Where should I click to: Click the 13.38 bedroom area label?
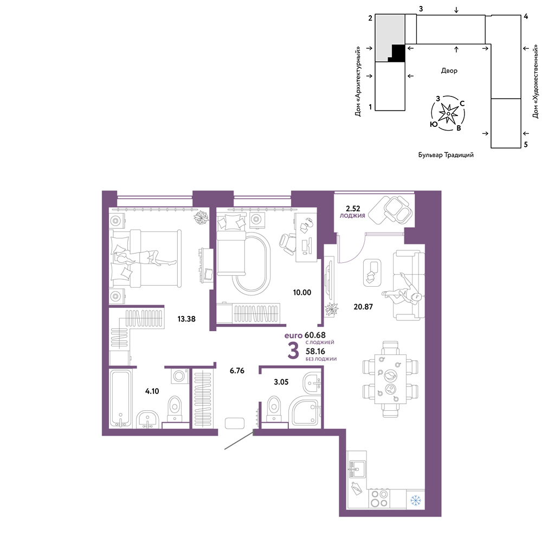click(x=186, y=319)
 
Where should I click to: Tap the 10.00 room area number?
click(x=302, y=293)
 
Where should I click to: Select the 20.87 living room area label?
click(x=363, y=307)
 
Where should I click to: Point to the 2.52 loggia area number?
click(x=353, y=209)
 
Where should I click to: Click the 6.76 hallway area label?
click(x=237, y=371)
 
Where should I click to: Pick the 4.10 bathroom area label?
click(x=152, y=391)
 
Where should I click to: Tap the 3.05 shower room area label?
click(x=281, y=382)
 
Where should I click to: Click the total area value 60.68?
click(x=315, y=335)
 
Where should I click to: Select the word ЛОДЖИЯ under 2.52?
click(x=352, y=216)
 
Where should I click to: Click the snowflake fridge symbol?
click(x=416, y=500)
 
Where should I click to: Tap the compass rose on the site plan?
click(x=448, y=113)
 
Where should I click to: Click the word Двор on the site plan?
click(x=449, y=70)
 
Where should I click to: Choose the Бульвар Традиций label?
click(x=446, y=155)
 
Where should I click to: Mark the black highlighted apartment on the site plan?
click(x=398, y=53)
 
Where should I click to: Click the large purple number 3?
click(x=293, y=351)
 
